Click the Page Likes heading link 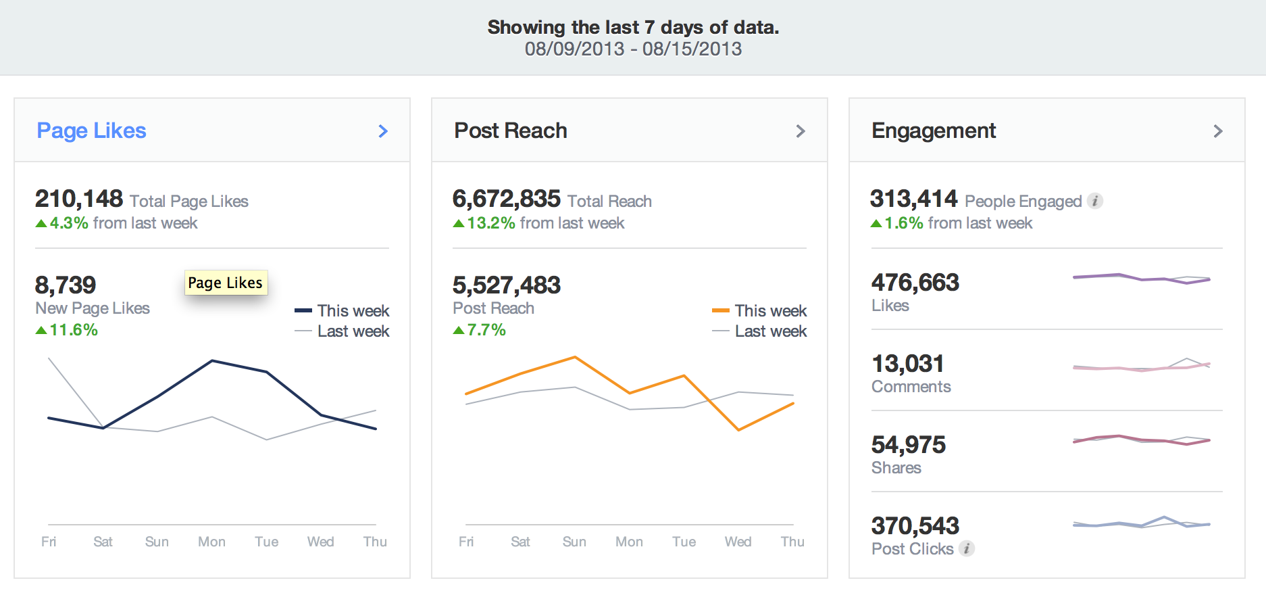pos(91,131)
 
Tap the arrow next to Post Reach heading pos(801,131)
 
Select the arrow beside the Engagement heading pos(1218,131)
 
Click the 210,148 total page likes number pos(79,199)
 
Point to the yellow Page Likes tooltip pos(226,283)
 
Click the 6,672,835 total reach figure pos(506,199)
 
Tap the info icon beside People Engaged pos(1095,201)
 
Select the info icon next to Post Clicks pos(967,548)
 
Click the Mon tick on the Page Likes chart pos(211,542)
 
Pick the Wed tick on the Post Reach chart pos(738,542)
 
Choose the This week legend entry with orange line pos(759,310)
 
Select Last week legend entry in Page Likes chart pos(342,331)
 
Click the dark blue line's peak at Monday pos(212,361)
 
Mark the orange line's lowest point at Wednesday pos(739,429)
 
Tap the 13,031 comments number pos(907,364)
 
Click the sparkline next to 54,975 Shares pos(1141,440)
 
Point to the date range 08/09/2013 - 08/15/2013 pos(633,49)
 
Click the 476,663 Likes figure pos(915,283)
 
